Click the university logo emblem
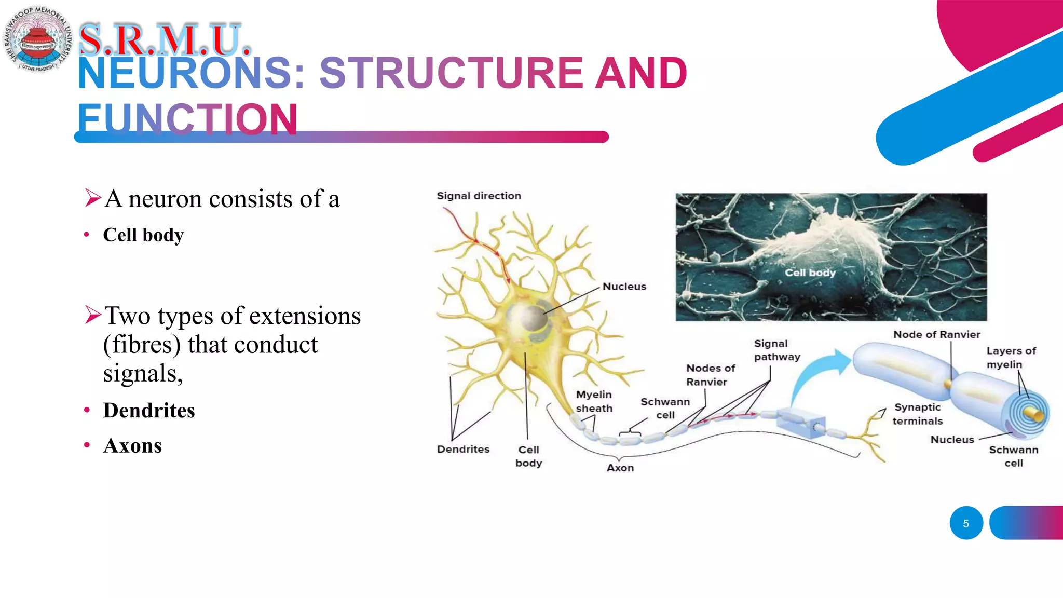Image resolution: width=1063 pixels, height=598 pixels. pyautogui.click(x=37, y=39)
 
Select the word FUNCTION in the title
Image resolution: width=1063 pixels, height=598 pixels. pyautogui.click(x=188, y=118)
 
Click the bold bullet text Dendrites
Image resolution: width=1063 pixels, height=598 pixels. pyautogui.click(x=149, y=410)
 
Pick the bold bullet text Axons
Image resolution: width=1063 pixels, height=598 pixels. pyautogui.click(x=132, y=445)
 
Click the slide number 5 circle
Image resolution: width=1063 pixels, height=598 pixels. pyautogui.click(x=966, y=523)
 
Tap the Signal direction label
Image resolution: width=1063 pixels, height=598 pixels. pyautogui.click(x=479, y=196)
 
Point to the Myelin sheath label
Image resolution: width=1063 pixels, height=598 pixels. pyautogui.click(x=594, y=401)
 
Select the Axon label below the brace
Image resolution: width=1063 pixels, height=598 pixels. pyautogui.click(x=620, y=468)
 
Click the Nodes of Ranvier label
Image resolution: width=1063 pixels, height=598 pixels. pyautogui.click(x=710, y=375)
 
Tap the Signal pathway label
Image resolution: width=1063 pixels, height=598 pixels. pyautogui.click(x=776, y=350)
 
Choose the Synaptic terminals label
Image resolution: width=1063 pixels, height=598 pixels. pyautogui.click(x=917, y=414)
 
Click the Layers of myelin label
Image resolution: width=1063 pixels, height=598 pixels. pyautogui.click(x=1011, y=357)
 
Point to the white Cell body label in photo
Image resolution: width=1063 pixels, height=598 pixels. pyautogui.click(x=810, y=273)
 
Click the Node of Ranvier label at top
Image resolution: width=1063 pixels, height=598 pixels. pyautogui.click(x=936, y=334)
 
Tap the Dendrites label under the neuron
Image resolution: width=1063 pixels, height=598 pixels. pyautogui.click(x=463, y=449)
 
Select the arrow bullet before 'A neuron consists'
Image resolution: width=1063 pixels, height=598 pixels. pyautogui.click(x=92, y=198)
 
